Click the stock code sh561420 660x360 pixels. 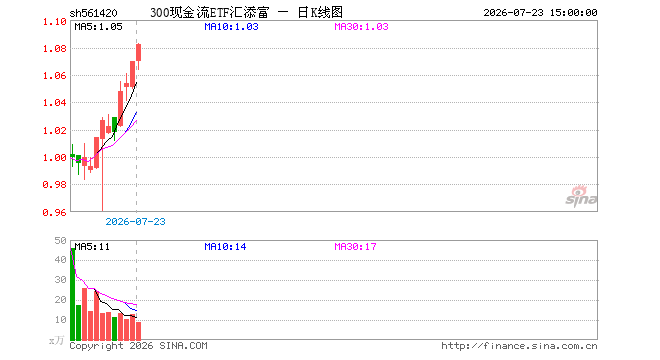point(93,13)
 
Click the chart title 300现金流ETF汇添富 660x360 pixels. point(209,13)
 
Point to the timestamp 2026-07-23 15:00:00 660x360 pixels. point(540,13)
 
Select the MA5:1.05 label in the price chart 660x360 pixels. point(98,27)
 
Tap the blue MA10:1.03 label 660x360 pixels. point(231,27)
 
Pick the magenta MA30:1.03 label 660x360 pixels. point(361,27)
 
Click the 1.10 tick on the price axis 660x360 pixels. point(55,21)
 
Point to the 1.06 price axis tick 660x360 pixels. point(55,76)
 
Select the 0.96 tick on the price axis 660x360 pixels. point(55,213)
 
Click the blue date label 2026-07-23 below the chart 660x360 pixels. point(135,221)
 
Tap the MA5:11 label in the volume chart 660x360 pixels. point(92,247)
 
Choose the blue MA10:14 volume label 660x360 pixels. point(225,247)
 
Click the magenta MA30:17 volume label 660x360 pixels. point(355,247)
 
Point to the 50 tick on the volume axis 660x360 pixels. point(61,240)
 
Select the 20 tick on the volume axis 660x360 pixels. point(61,300)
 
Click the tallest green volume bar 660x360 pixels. point(72,294)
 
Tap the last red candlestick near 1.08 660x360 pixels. point(138,53)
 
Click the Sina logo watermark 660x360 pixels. point(581,196)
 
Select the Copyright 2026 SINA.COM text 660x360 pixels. point(138,346)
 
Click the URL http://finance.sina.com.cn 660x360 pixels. point(519,346)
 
